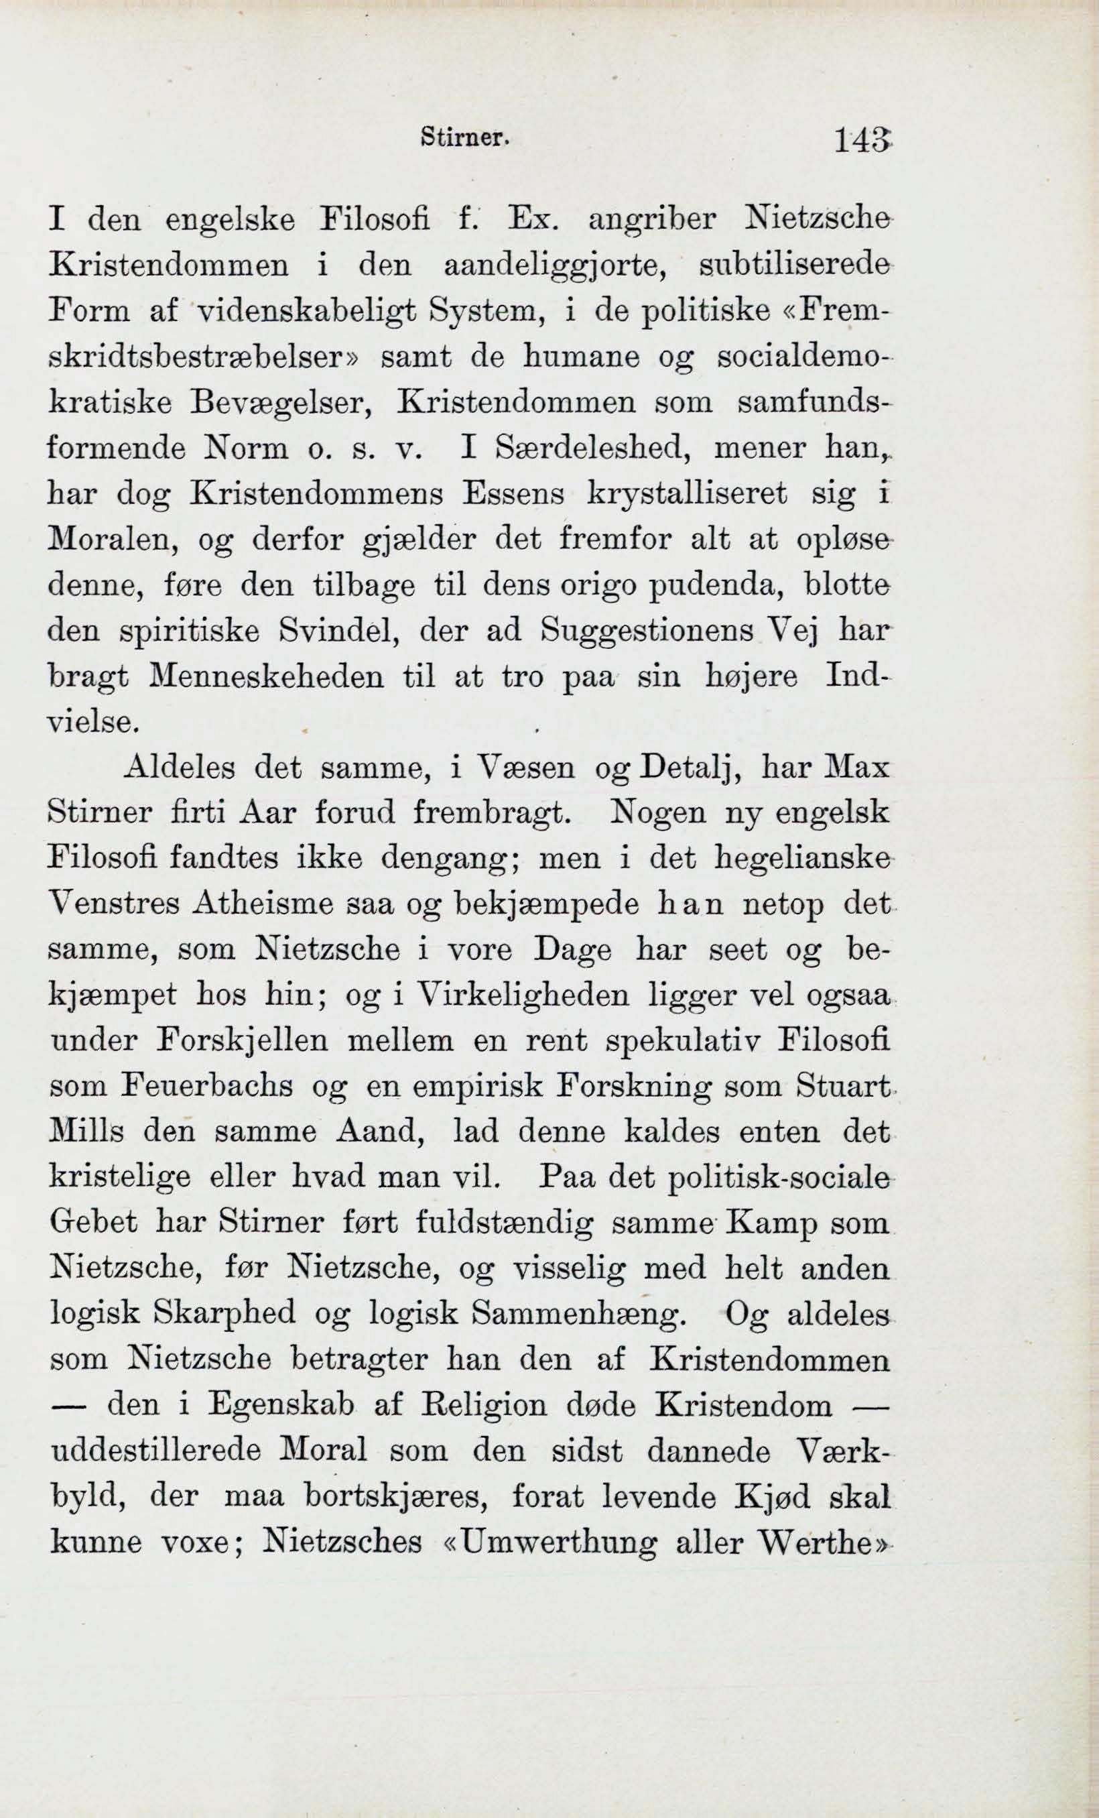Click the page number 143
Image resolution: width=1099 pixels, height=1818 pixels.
tap(862, 139)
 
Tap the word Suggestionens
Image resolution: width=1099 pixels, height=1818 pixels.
tap(646, 631)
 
